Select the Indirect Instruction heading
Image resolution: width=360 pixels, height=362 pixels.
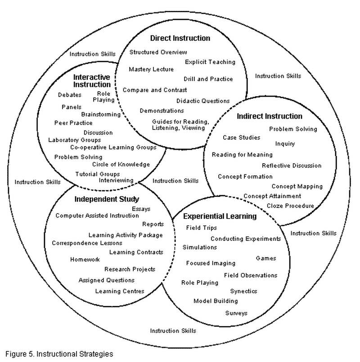pyautogui.click(x=269, y=116)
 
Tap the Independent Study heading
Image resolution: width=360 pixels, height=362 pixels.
pyautogui.click(x=107, y=199)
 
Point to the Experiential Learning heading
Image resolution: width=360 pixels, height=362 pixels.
pyautogui.click(x=220, y=216)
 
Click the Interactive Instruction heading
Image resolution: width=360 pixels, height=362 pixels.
pyautogui.click(x=92, y=80)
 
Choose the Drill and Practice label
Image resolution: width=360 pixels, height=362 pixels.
pyautogui.click(x=208, y=79)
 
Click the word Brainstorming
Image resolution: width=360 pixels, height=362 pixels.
pyautogui.click(x=101, y=115)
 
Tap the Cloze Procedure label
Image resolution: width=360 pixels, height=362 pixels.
pyautogui.click(x=290, y=206)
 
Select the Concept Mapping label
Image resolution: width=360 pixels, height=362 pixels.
pyautogui.click(x=297, y=186)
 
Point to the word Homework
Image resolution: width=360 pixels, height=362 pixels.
pyautogui.click(x=85, y=259)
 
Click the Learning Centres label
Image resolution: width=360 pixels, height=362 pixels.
pyautogui.click(x=120, y=291)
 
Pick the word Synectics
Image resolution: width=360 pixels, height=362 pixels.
pyautogui.click(x=243, y=291)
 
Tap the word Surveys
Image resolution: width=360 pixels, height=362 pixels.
pyautogui.click(x=236, y=313)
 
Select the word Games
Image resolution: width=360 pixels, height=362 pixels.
pyautogui.click(x=265, y=259)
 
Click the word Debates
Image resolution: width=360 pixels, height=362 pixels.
pyautogui.click(x=70, y=95)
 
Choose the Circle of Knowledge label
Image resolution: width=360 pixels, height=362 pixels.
pyautogui.click(x=121, y=165)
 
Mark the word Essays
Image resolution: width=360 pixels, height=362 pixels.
pyautogui.click(x=141, y=209)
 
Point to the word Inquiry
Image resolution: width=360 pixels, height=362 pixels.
pyautogui.click(x=285, y=144)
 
